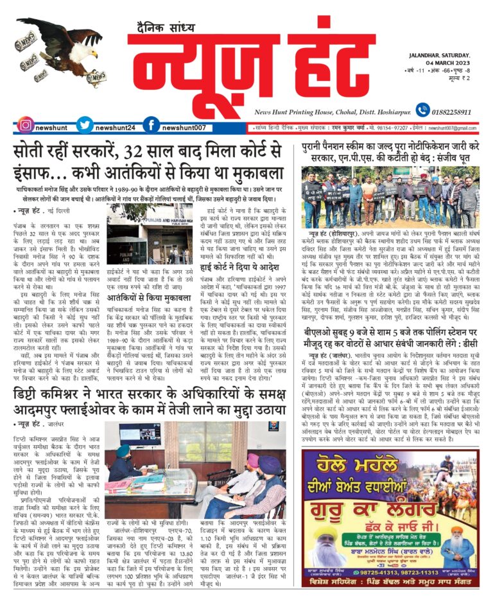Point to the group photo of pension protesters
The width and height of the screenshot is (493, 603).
pyautogui.click(x=391, y=195)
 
